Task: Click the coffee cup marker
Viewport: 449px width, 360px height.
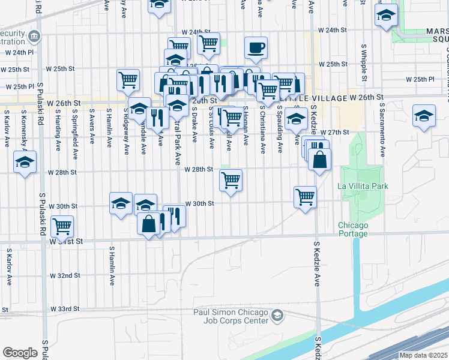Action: (x=256, y=48)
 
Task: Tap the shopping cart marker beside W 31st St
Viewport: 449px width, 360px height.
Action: (x=62, y=227)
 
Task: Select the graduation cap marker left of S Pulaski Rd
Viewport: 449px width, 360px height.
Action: (x=25, y=163)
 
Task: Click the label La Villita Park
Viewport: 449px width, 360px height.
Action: (x=363, y=186)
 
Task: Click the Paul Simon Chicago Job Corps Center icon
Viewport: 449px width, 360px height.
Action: (x=277, y=315)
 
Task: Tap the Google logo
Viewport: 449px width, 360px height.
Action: (x=20, y=353)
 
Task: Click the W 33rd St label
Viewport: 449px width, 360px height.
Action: (x=65, y=309)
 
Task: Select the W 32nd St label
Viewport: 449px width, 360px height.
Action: (x=65, y=275)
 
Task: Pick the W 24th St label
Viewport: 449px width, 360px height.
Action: (x=333, y=30)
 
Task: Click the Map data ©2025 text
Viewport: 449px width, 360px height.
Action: (x=424, y=355)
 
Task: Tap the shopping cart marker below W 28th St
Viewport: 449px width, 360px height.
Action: (x=231, y=181)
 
